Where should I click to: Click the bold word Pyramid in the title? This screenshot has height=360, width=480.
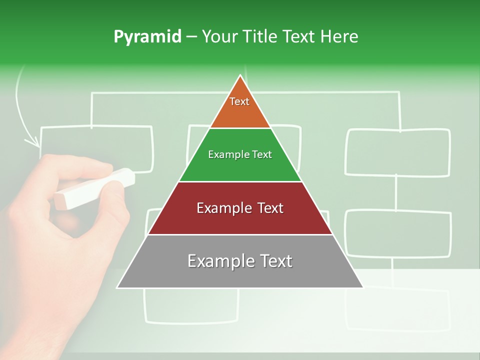pyautogui.click(x=147, y=36)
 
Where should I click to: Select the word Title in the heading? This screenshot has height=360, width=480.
pyautogui.click(x=260, y=36)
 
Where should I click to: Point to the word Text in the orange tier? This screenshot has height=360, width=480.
pyautogui.click(x=239, y=101)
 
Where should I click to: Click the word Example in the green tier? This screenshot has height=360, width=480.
pyautogui.click(x=224, y=154)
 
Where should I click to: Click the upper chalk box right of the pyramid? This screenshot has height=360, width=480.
pyautogui.click(x=398, y=152)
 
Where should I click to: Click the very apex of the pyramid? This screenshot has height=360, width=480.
pyautogui.click(x=240, y=76)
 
